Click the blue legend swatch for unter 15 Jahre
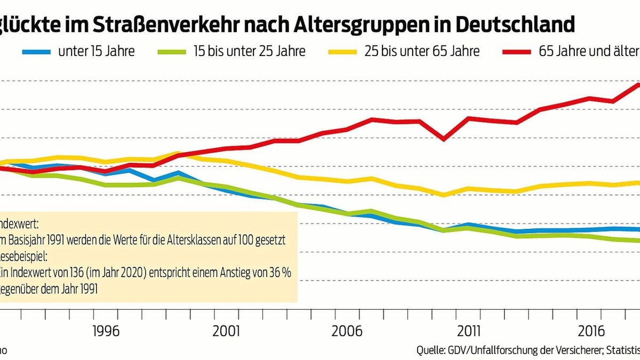(37, 52)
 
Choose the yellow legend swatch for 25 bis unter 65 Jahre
(342, 52)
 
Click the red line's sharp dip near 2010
(444, 139)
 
